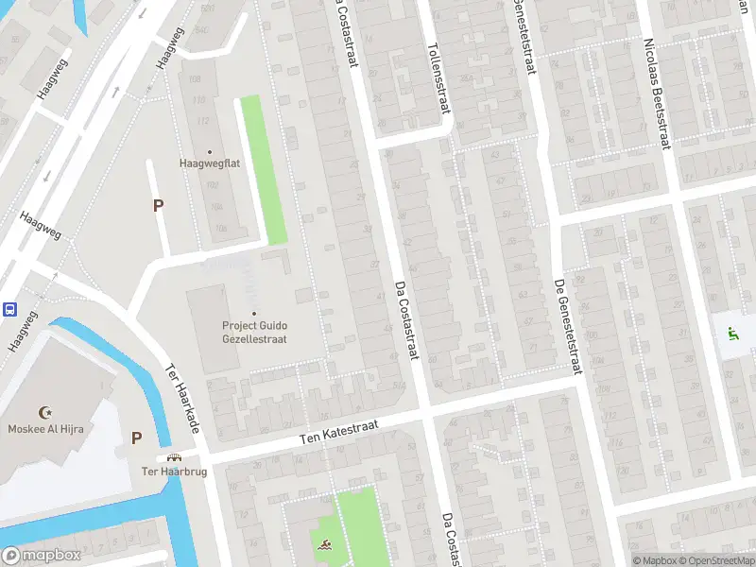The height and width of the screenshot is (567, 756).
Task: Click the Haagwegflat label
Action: (210, 163)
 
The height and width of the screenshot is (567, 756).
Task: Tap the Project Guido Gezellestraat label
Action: (254, 332)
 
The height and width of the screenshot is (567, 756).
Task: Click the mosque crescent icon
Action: (43, 412)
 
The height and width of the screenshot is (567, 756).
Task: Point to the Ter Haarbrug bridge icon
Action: (174, 457)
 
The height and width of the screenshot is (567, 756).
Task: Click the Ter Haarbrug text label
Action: (174, 471)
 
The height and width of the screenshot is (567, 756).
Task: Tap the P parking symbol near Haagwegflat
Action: (158, 205)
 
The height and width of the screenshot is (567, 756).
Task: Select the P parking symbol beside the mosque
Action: (136, 438)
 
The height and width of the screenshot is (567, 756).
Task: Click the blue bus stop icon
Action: (9, 308)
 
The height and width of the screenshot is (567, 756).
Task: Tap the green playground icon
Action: (732, 333)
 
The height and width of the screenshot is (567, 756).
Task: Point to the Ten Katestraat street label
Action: (338, 433)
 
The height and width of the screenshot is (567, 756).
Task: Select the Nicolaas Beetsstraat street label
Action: (658, 94)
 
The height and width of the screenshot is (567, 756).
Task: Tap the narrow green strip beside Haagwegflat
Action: (263, 170)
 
